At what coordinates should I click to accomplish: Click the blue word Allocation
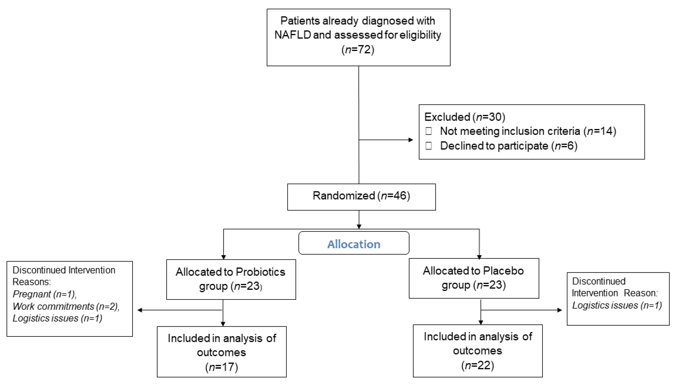coord(353,244)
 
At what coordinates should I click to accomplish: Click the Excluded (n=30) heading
coord(464,117)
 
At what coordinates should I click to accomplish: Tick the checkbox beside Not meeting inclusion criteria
coord(429,131)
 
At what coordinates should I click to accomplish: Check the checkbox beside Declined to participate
coord(429,146)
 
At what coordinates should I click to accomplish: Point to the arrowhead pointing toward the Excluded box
coord(411,140)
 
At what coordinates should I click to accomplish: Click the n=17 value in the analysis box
coord(221,367)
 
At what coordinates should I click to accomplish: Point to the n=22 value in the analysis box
coord(478,365)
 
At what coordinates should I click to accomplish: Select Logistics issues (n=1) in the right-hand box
coord(617,305)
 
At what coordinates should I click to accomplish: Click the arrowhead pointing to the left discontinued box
coord(140,310)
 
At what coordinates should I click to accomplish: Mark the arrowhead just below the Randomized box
coord(359,227)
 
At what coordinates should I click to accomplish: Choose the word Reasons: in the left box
coord(32,282)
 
